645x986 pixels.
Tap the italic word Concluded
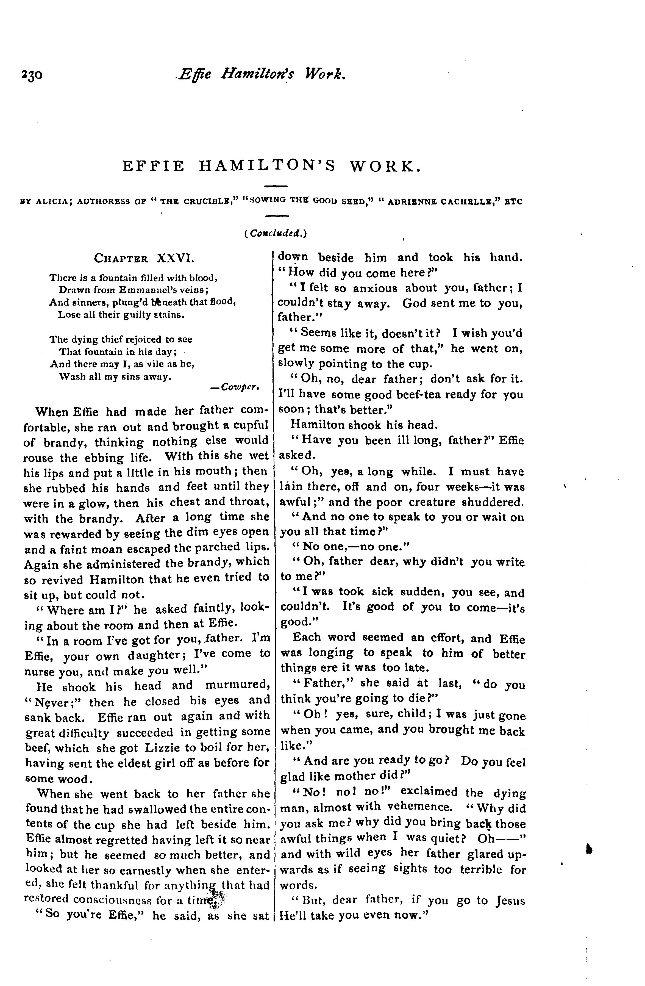275,234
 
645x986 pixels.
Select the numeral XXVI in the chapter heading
175,259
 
